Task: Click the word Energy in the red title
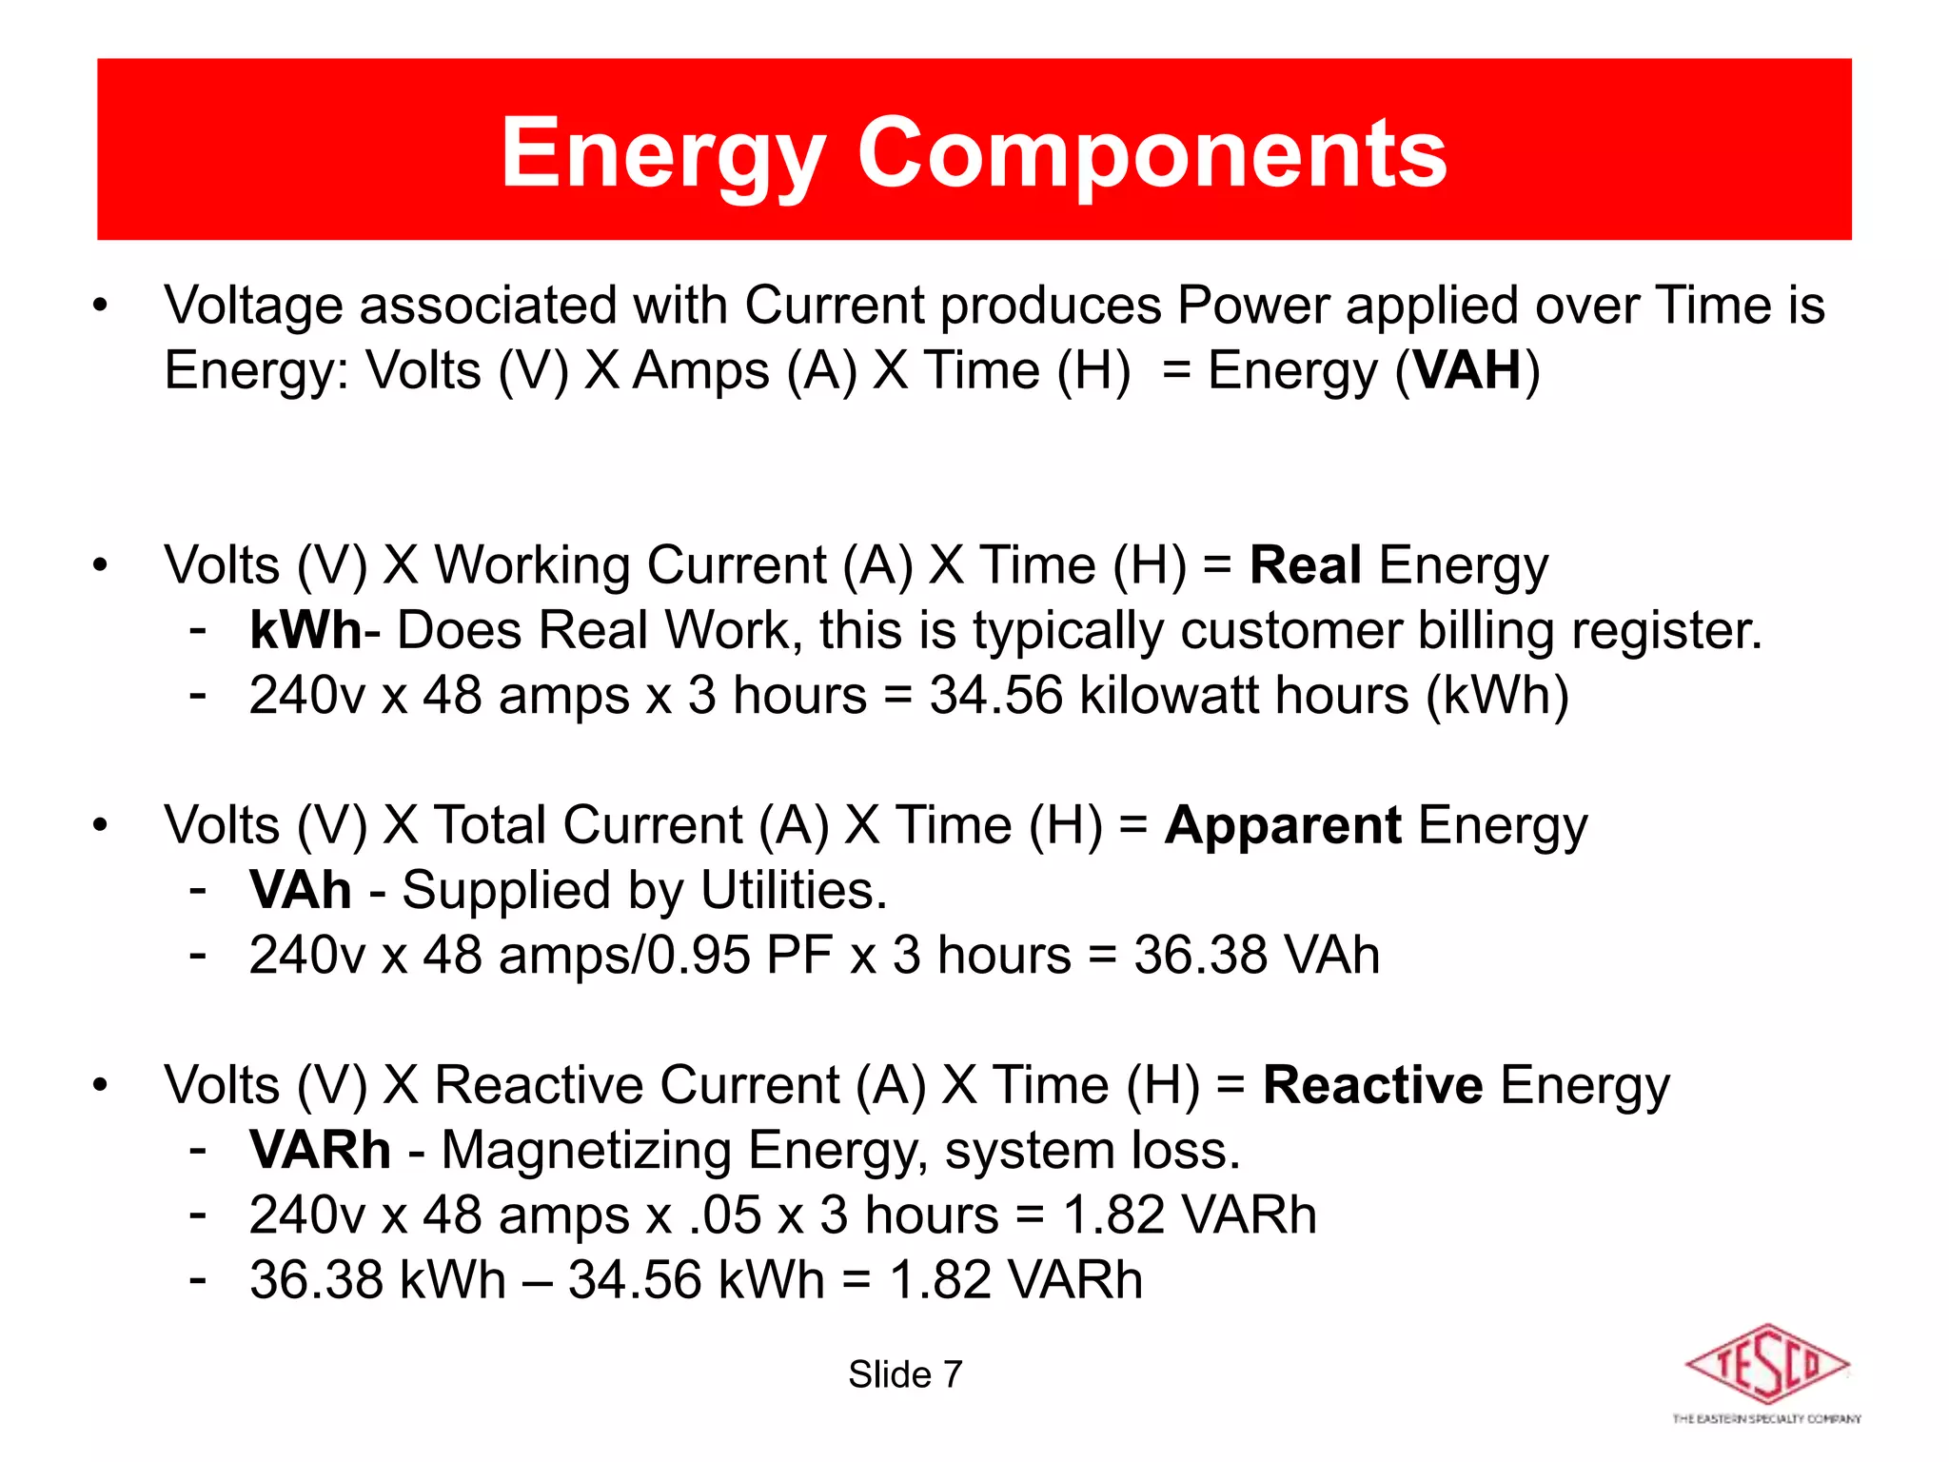pyautogui.click(x=662, y=152)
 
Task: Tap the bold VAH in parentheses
pyautogui.click(x=1467, y=370)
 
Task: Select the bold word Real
pyautogui.click(x=1305, y=565)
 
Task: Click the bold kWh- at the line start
pyautogui.click(x=314, y=630)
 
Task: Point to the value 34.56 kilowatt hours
pyautogui.click(x=1169, y=695)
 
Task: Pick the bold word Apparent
pyautogui.click(x=1283, y=825)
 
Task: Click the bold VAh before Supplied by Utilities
pyautogui.click(x=301, y=891)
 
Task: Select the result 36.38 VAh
pyautogui.click(x=1256, y=955)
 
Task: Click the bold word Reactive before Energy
pyautogui.click(x=1371, y=1085)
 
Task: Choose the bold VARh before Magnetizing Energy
pyautogui.click(x=320, y=1150)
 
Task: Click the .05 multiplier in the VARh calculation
pyautogui.click(x=725, y=1215)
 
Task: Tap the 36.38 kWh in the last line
pyautogui.click(x=377, y=1280)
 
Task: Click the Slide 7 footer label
pyautogui.click(x=905, y=1374)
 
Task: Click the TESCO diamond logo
pyautogui.click(x=1766, y=1365)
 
